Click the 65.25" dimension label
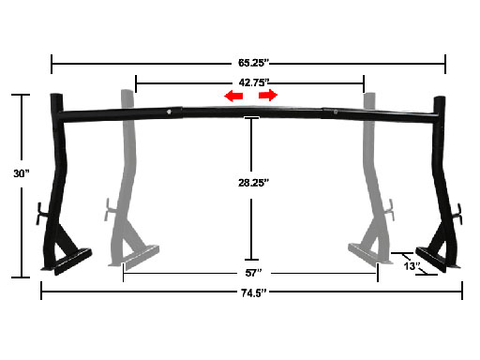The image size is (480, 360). point(253,63)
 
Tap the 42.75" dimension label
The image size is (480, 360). point(253,82)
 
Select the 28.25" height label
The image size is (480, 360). point(253,183)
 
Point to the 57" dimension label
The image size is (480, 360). point(253,273)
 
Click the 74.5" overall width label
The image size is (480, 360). point(254,293)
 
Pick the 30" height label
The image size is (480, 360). point(22,173)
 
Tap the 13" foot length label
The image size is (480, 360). point(412,266)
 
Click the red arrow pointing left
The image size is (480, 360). point(233,96)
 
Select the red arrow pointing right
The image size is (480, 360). point(268,95)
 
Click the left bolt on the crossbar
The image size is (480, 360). point(169,112)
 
